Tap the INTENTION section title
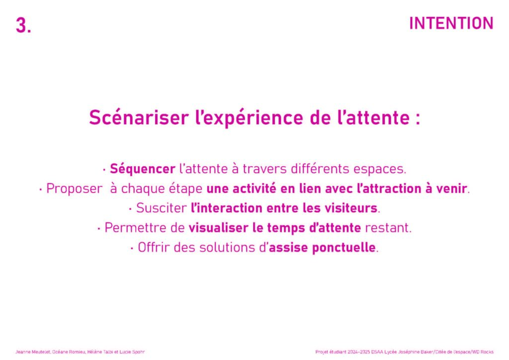pyautogui.click(x=451, y=23)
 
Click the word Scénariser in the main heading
pyautogui.click(x=139, y=117)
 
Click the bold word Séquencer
pyautogui.click(x=143, y=169)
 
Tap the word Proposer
pyautogui.click(x=75, y=188)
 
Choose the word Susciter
pyautogui.click(x=162, y=208)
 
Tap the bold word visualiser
pyautogui.click(x=219, y=228)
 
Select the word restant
pyautogui.click(x=388, y=228)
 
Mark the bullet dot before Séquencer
pyautogui.click(x=104, y=170)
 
